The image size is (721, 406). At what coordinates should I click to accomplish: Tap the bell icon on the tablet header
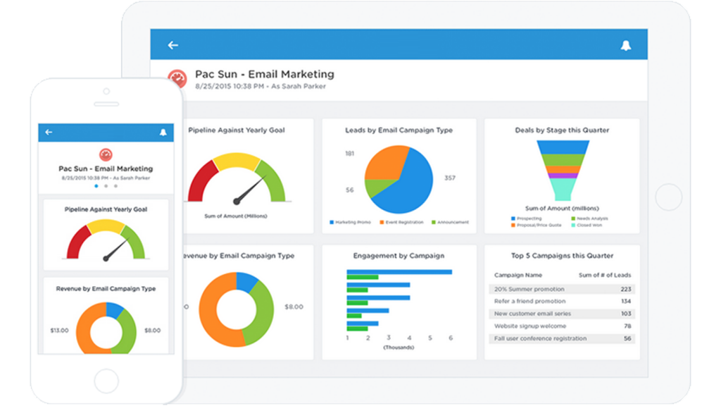[x=625, y=45]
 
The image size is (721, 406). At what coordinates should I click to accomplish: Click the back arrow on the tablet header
[x=173, y=45]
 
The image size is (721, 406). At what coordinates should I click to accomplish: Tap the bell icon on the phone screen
[x=163, y=133]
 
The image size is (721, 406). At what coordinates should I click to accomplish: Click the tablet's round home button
[x=668, y=197]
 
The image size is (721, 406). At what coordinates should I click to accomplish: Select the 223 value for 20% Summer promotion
[x=625, y=289]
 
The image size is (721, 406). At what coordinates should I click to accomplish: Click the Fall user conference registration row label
[x=540, y=338]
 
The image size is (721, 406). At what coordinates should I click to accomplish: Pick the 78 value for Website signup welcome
[x=627, y=326]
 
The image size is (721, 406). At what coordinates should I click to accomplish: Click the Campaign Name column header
[x=518, y=275]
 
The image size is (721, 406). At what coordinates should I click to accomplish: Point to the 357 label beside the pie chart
[x=449, y=178]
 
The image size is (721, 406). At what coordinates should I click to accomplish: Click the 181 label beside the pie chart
[x=349, y=154]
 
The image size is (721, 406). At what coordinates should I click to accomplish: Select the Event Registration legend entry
[x=402, y=223]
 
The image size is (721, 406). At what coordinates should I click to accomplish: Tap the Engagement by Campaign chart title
[x=399, y=256]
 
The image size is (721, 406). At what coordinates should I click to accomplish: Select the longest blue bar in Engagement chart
[x=399, y=272]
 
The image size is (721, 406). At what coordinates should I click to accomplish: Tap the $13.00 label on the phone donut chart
[x=60, y=331]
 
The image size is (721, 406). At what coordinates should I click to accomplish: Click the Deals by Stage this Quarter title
[x=561, y=130]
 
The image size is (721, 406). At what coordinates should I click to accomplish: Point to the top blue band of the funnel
[x=563, y=147]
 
